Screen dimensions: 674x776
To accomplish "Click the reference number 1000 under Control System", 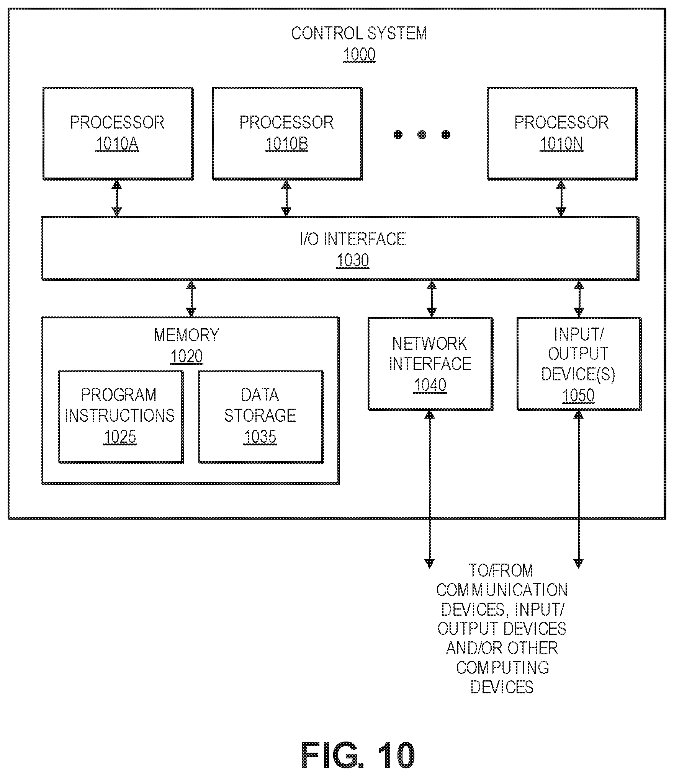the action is click(359, 55).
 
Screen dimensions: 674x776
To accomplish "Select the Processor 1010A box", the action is click(118, 133).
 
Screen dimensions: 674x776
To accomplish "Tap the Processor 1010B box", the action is click(287, 133).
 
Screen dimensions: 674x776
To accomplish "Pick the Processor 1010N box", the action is click(562, 133).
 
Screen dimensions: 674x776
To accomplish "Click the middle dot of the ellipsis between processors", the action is click(422, 135).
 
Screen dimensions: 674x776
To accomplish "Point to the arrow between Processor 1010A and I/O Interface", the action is click(117, 199).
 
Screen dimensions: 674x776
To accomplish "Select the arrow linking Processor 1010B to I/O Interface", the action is click(286, 199).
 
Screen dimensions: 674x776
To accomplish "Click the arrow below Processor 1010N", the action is click(561, 199).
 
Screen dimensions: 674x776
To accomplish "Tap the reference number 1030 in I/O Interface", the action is click(353, 261).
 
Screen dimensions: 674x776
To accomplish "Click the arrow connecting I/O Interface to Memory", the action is click(191, 299).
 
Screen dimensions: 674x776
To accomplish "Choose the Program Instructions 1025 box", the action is click(121, 417).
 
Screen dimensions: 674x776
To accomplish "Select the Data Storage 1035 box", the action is click(261, 417).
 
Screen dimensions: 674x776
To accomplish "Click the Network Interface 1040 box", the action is click(430, 364).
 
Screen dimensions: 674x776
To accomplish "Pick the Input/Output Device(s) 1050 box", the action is click(579, 364).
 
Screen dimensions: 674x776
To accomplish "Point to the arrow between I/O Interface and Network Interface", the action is click(432, 299).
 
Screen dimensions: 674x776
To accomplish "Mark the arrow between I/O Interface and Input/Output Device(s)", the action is click(579, 299).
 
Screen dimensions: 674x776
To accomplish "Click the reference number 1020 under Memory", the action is click(186, 357).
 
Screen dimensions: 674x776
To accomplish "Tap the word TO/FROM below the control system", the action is click(501, 571).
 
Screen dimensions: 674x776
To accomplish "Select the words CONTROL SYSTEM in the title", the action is click(359, 34).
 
